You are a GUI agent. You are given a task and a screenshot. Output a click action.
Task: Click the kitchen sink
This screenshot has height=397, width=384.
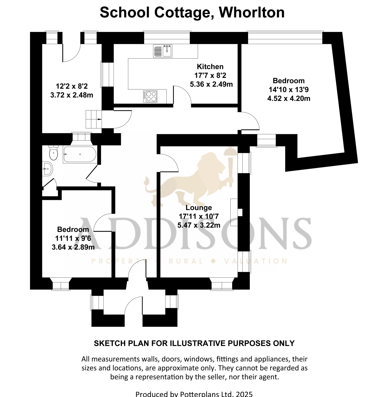point(163,51)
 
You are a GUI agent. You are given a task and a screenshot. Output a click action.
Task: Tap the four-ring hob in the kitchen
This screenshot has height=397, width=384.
point(150,97)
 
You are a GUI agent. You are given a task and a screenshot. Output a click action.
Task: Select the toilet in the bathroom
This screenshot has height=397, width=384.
point(53,153)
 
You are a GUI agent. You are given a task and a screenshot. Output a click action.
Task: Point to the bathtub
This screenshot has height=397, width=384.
point(80,154)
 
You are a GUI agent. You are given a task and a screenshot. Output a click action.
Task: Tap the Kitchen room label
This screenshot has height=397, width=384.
point(210,67)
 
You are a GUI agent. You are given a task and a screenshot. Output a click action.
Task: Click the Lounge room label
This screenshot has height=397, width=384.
point(199,208)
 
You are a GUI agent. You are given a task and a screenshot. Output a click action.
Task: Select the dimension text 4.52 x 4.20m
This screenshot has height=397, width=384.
point(289,98)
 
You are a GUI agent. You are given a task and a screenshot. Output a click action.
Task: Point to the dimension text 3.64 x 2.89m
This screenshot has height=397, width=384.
point(73,247)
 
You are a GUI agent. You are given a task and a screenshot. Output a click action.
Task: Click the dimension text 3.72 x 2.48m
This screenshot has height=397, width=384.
point(72,95)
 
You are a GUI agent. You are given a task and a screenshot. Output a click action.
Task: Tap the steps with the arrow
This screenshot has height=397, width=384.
point(94,119)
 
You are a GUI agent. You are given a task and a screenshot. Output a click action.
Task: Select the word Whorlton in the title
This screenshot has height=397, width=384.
point(252,12)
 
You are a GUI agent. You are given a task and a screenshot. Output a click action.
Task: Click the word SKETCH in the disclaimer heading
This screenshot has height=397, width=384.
point(106,343)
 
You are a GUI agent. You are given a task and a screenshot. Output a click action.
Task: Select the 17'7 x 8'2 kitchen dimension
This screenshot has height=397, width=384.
point(210,75)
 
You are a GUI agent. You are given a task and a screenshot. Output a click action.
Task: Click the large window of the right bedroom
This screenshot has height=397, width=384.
point(285,38)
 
